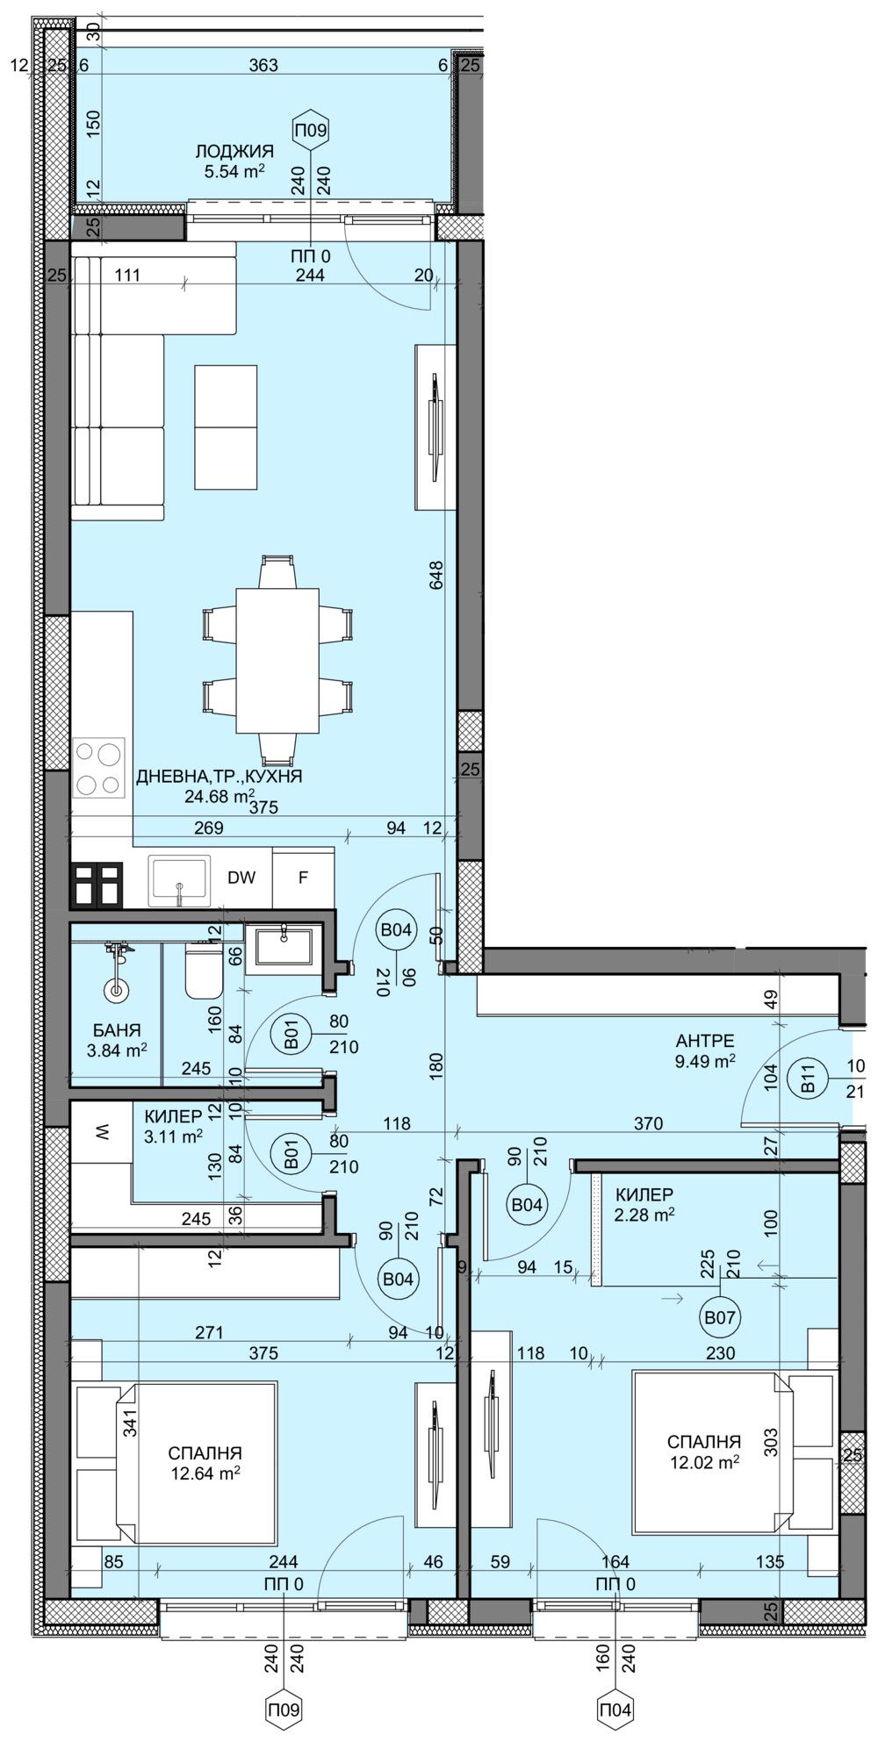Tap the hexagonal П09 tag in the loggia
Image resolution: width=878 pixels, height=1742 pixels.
pos(310,131)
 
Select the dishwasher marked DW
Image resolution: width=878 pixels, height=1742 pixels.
pos(241,878)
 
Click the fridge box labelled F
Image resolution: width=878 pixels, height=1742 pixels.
pos(303,878)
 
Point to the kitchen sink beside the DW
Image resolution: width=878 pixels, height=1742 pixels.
pos(179,880)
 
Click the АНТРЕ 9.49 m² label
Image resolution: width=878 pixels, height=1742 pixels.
pos(704,1050)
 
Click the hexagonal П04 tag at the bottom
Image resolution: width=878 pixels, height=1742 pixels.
pos(615,1709)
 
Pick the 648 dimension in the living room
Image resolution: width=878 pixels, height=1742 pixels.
pos(437,575)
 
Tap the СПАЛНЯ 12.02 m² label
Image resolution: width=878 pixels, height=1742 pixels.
pos(703,1451)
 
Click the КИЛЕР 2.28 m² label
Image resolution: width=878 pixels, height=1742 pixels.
pos(644,1204)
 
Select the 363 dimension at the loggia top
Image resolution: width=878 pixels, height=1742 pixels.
pos(263,65)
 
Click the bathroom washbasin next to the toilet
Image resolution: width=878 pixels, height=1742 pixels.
pos(281,950)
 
